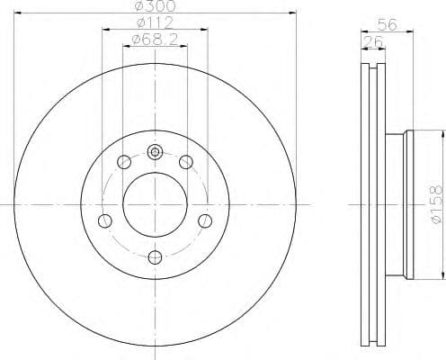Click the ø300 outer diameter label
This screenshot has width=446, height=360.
tap(154, 7)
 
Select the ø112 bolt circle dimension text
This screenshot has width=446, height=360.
tap(154, 22)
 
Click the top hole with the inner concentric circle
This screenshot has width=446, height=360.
tap(155, 152)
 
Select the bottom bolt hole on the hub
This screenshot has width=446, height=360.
tap(155, 258)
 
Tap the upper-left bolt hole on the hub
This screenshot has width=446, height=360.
tap(123, 162)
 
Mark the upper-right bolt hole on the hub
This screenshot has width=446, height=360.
tap(186, 162)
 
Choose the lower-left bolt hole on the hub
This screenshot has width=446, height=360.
tap(104, 221)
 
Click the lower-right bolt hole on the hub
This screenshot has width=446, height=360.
tap(205, 221)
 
